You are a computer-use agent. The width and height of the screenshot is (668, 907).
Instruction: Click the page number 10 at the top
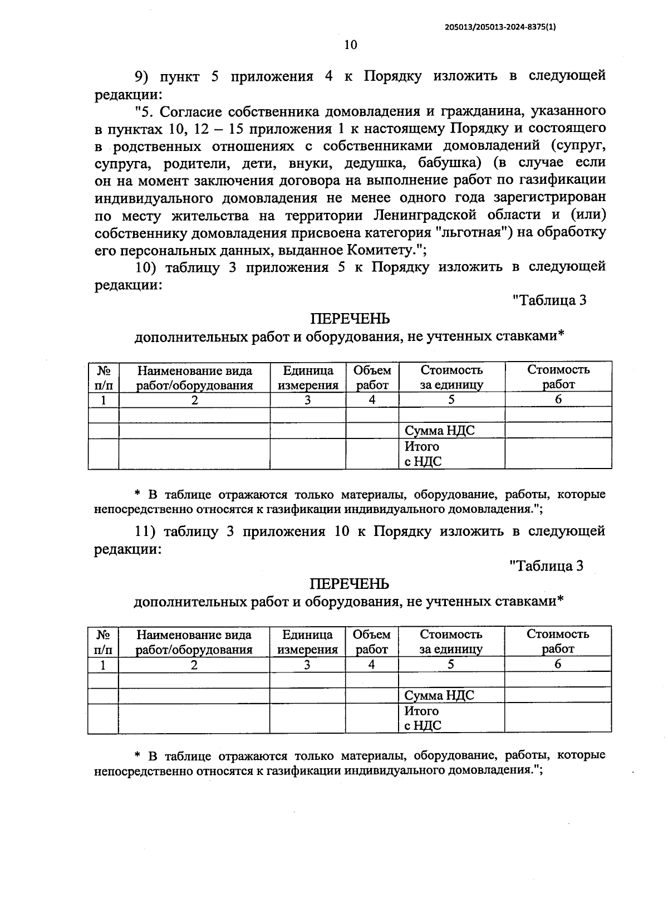[350, 45]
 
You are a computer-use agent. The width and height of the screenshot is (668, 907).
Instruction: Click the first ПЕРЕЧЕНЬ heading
[350, 319]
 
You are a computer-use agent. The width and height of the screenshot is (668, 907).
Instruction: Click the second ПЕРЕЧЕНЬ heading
[350, 584]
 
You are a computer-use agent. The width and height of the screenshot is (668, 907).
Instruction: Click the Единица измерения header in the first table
[308, 378]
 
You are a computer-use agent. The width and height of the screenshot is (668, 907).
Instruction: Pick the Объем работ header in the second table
[371, 642]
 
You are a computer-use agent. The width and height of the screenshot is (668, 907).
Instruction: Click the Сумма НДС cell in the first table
[440, 431]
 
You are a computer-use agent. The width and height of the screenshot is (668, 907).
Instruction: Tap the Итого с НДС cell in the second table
[423, 718]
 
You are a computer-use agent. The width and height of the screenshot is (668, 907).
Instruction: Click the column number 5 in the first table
[451, 399]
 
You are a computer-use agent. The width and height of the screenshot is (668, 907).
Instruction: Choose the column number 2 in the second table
[194, 665]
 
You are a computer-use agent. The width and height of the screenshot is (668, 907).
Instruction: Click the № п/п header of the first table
[104, 378]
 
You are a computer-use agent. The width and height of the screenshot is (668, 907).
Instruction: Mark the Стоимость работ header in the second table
[558, 641]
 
